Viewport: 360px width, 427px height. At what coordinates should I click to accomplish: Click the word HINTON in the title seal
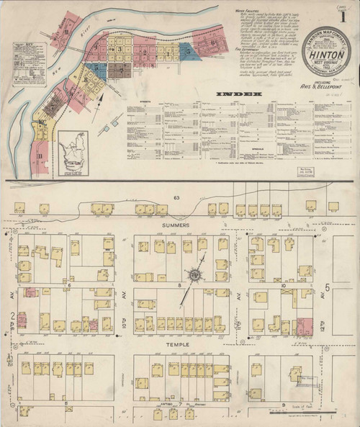312,53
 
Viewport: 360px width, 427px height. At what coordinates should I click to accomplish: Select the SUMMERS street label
175,225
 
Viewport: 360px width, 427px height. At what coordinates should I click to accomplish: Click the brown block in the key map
119,69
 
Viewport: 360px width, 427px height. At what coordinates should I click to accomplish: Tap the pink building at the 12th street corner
304,326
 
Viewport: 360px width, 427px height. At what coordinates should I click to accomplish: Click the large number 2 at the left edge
12,316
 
